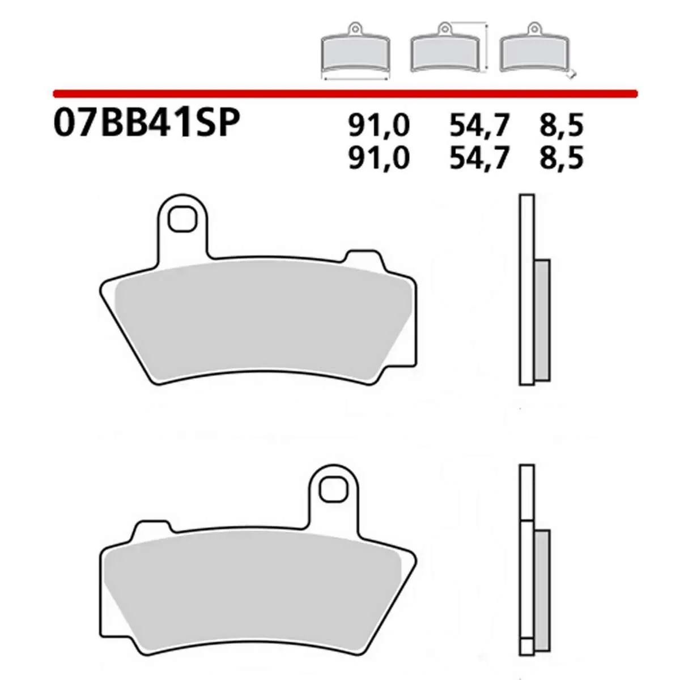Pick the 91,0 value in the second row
(x=378, y=159)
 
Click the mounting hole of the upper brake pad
(x=181, y=219)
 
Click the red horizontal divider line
(x=346, y=92)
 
